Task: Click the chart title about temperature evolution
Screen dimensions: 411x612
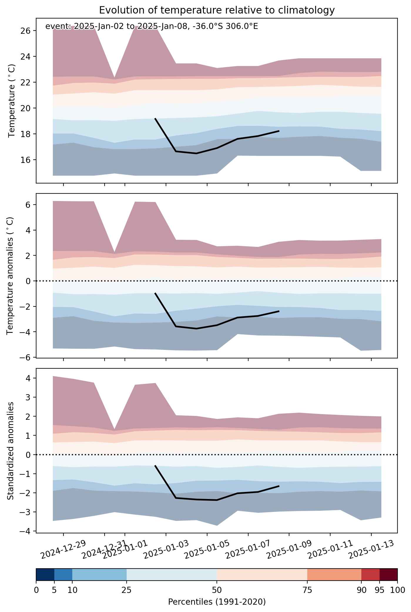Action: point(217,10)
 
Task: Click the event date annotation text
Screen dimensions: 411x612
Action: point(152,27)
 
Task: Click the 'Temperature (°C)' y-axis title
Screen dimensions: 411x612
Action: point(12,101)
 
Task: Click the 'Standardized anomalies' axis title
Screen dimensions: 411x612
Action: point(11,451)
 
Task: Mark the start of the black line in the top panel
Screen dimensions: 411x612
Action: point(155,118)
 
